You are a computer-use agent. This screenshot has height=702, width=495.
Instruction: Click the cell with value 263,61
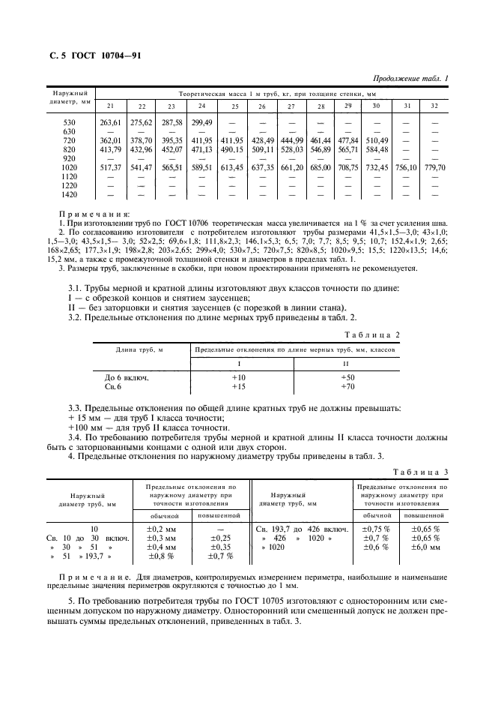[x=111, y=121]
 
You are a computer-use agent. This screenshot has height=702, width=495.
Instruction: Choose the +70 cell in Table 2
[x=348, y=386]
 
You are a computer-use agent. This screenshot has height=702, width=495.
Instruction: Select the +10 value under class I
[x=239, y=377]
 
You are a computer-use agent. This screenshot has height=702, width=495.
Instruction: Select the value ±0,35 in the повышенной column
[x=219, y=547]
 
